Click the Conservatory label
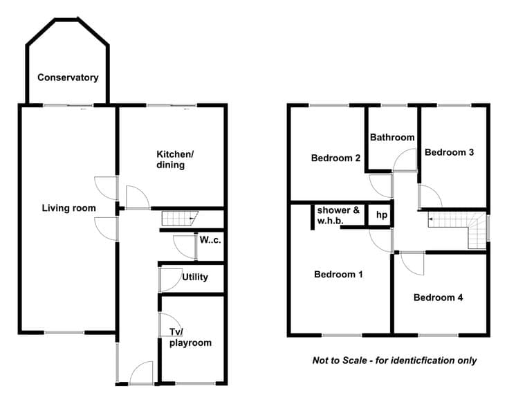click(x=68, y=77)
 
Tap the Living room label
click(x=69, y=208)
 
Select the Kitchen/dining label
click(x=175, y=160)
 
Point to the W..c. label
click(x=210, y=240)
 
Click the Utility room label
click(x=195, y=277)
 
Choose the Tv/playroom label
click(x=190, y=338)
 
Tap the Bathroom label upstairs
click(x=392, y=138)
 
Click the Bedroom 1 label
click(x=338, y=275)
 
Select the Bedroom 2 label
click(x=335, y=158)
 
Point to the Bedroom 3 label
click(x=449, y=152)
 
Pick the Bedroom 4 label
click(x=438, y=297)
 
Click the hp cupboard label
click(x=382, y=215)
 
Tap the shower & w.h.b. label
click(x=338, y=215)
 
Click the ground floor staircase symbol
click(x=180, y=219)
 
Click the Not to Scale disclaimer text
click(x=394, y=360)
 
